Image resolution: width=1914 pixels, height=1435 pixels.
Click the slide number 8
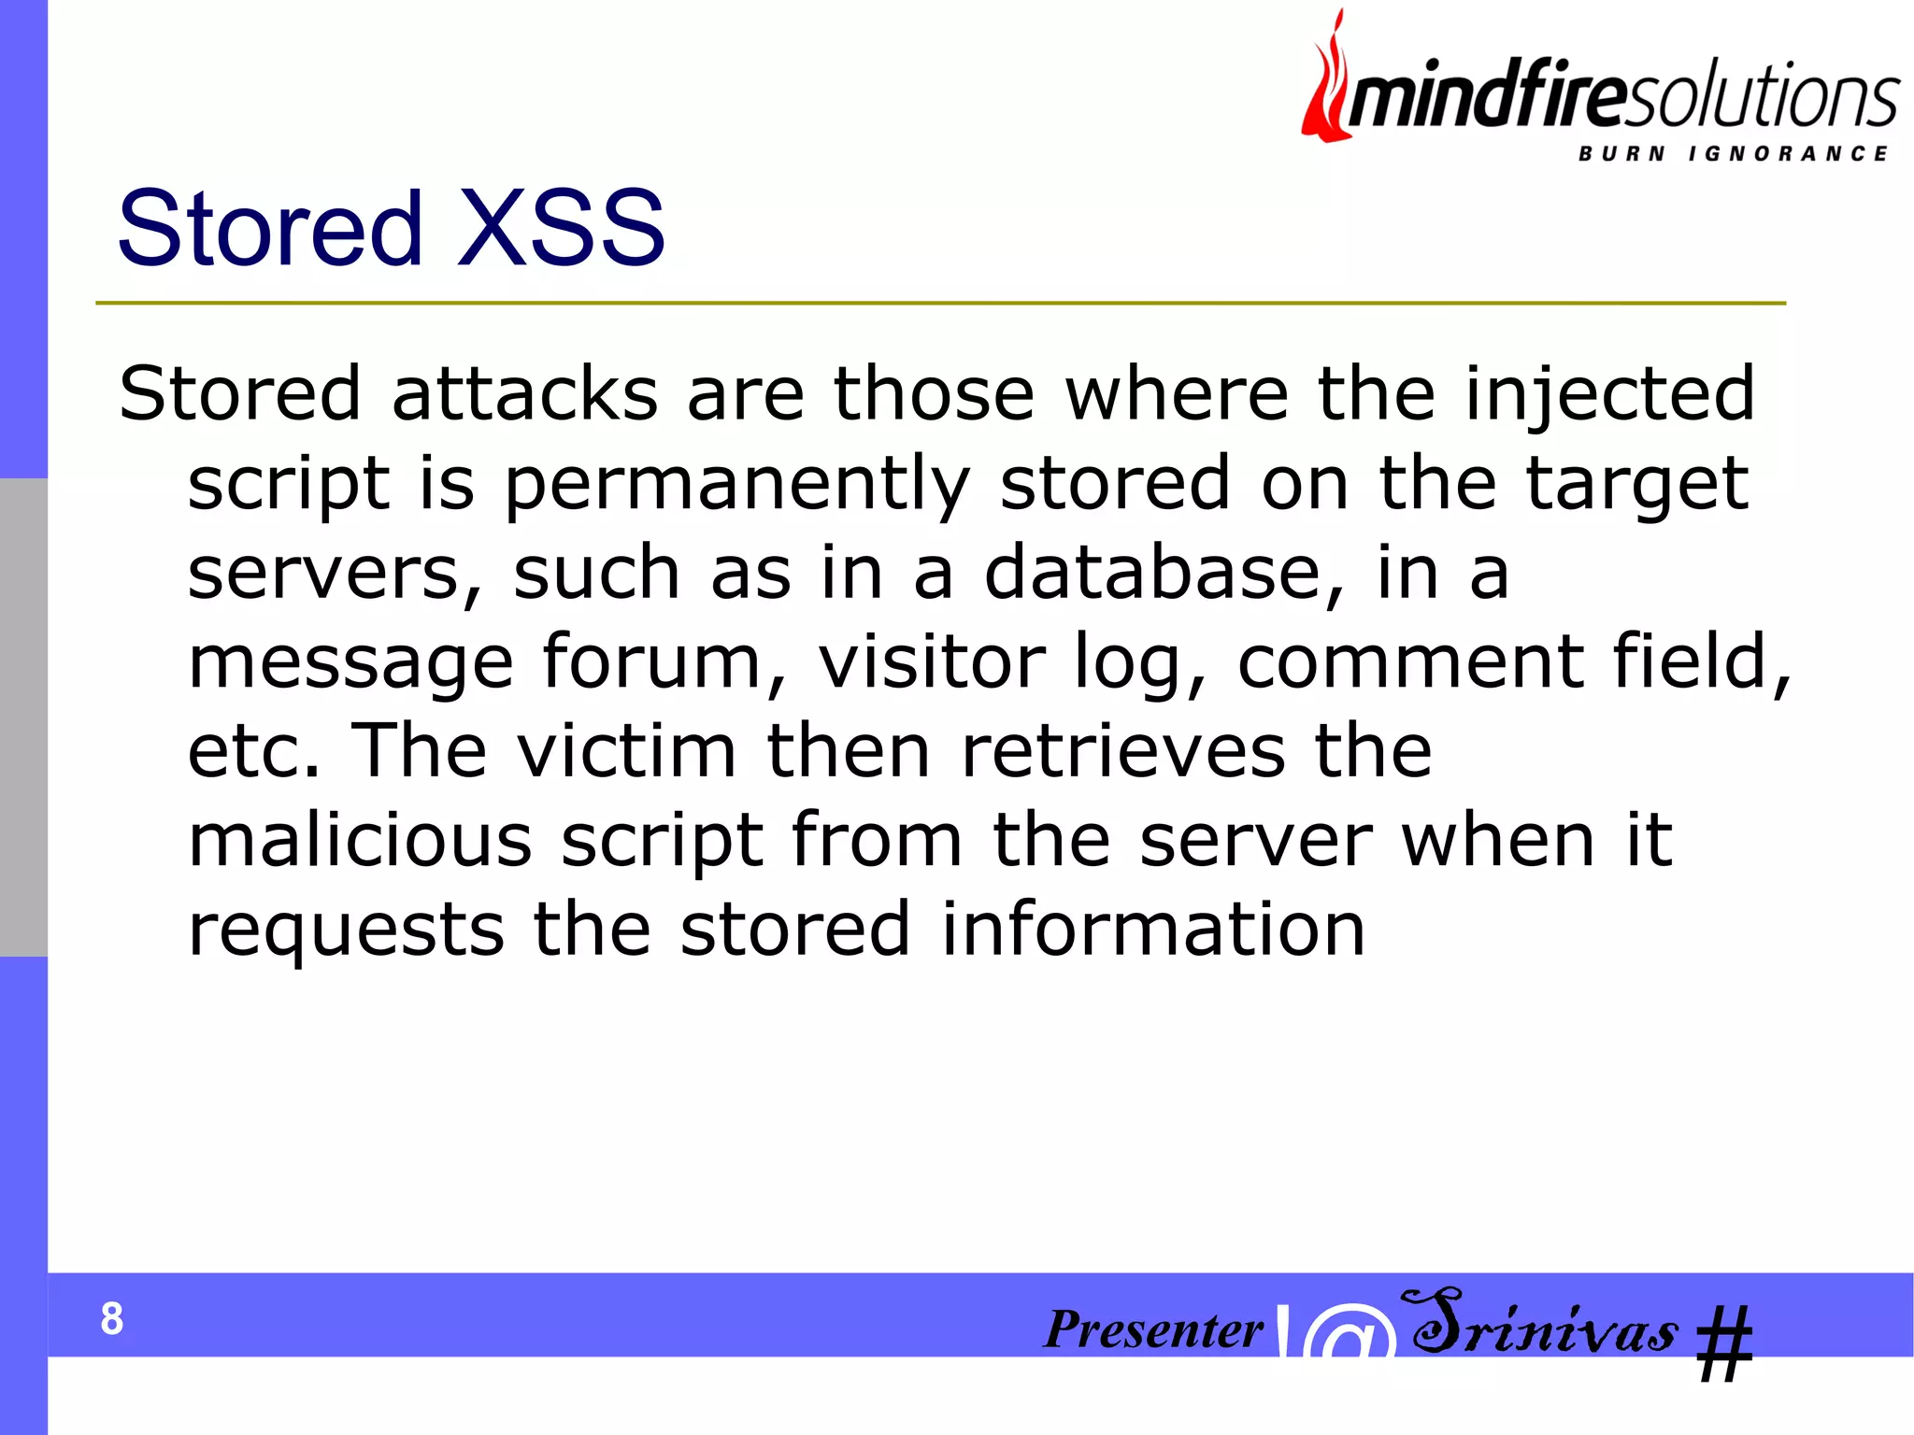pyautogui.click(x=111, y=1319)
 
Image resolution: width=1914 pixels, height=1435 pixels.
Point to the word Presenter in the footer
pyautogui.click(x=1153, y=1329)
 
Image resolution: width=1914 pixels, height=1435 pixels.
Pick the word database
pyautogui.click(x=1164, y=573)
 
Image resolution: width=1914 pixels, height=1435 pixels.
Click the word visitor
pyautogui.click(x=932, y=661)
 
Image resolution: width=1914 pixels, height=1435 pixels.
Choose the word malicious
pyautogui.click(x=360, y=840)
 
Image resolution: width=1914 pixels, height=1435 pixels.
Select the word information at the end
pyautogui.click(x=1153, y=930)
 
